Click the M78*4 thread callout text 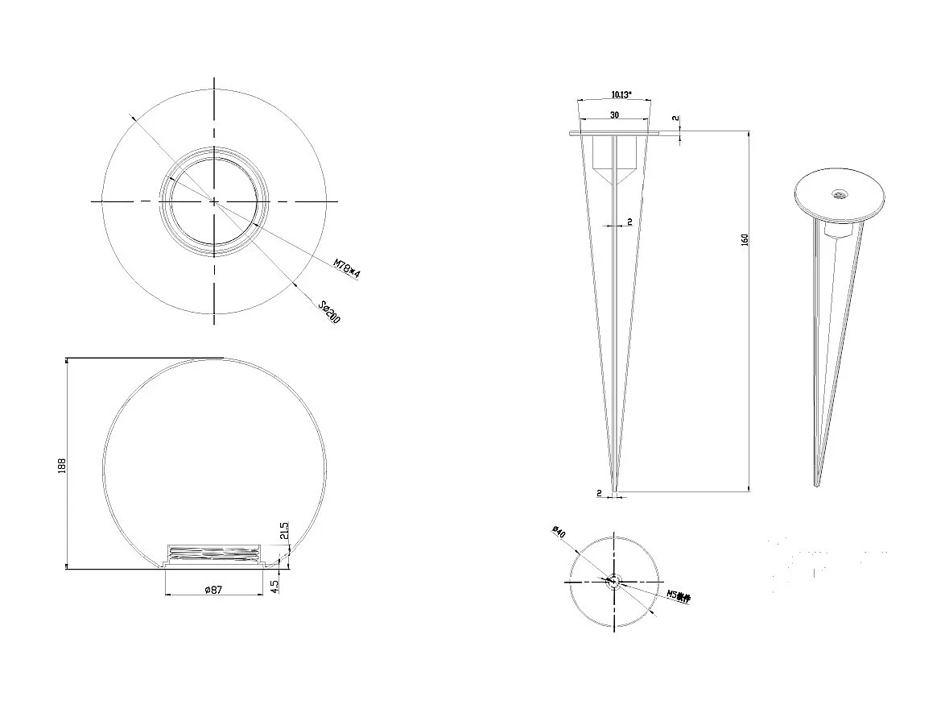[347, 268]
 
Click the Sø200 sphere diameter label [329, 313]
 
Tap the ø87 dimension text [213, 590]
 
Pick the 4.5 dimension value [275, 586]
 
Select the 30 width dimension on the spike [614, 115]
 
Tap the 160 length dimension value [745, 240]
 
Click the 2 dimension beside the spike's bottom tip [600, 491]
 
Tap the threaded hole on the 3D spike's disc [839, 193]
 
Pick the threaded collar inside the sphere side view [214, 555]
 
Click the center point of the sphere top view [214, 201]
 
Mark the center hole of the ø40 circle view [613, 580]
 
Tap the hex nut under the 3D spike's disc [838, 230]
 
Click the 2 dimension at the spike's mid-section [629, 221]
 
